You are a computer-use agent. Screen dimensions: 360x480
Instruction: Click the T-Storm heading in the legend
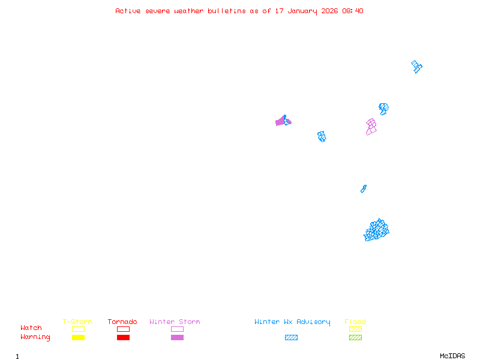[x=77, y=322]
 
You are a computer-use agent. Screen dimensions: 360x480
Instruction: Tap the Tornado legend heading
[x=122, y=322]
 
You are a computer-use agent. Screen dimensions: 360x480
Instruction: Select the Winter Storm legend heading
[x=175, y=322]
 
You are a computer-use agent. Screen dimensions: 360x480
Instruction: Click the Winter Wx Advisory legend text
[x=292, y=322]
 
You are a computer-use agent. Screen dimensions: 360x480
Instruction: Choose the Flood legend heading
[x=355, y=322]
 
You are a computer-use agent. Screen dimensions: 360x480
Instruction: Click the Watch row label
[x=31, y=328]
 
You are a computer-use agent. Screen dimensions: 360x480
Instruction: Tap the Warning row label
[x=35, y=337]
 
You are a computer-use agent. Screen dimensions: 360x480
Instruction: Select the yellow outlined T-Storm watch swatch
[x=78, y=329]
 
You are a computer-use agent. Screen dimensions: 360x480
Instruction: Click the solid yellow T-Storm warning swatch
[x=78, y=337]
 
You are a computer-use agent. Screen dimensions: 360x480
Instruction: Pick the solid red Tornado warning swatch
[x=123, y=337]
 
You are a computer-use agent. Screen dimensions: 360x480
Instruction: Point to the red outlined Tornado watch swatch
[x=123, y=329]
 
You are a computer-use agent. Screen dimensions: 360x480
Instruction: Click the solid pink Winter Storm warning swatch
[x=177, y=337]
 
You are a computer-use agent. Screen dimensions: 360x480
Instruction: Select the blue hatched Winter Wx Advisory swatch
[x=291, y=337]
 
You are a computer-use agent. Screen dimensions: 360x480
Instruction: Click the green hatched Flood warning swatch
[x=355, y=337]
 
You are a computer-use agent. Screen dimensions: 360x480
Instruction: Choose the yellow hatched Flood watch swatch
[x=355, y=329]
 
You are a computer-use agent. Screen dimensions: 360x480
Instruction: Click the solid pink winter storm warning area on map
[x=280, y=122]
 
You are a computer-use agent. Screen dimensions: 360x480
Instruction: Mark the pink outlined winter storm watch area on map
[x=371, y=127]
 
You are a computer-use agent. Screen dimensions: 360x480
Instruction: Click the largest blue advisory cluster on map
[x=377, y=230]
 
